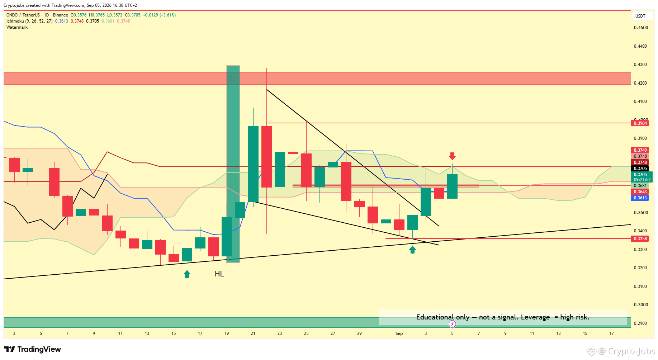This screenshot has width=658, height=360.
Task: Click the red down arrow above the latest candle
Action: [x=452, y=156]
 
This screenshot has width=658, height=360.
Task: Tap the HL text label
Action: [x=219, y=274]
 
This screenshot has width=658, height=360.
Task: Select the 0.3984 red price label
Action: [x=640, y=123]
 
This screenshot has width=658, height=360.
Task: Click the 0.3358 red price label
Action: [x=640, y=239]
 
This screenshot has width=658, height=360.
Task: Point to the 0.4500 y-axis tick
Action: [x=641, y=28]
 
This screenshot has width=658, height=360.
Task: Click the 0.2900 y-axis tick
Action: [x=641, y=323]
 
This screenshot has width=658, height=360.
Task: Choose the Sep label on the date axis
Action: [x=399, y=333]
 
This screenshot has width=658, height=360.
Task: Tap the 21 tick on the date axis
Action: [x=253, y=333]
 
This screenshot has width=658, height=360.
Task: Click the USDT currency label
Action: [x=640, y=16]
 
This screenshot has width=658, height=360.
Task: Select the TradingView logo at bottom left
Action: [x=33, y=349]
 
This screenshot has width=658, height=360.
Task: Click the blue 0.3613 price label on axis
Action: [x=640, y=198]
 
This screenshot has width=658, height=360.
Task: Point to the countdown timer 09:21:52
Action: [x=642, y=180]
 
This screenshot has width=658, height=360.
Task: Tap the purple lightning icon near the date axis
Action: [x=453, y=324]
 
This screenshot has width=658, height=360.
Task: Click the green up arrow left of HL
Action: [x=187, y=274]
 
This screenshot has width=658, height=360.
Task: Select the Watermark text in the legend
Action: [x=17, y=27]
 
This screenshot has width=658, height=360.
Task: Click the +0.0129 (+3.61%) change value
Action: [x=159, y=15]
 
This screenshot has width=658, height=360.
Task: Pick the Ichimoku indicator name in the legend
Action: [x=15, y=21]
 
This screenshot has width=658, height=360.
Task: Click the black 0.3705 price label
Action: [x=640, y=169]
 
